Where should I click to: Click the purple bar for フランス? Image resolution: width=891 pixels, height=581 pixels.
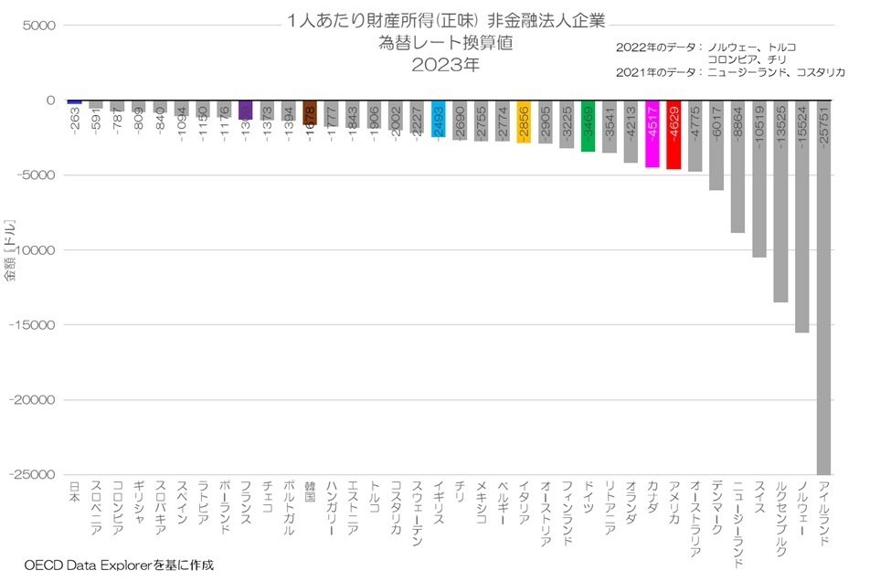pos(246,111)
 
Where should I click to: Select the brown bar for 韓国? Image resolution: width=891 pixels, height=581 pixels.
pos(310,112)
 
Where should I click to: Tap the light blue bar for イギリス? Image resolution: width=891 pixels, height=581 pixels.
pos(438,119)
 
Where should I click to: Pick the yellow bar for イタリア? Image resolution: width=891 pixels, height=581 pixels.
pos(524,121)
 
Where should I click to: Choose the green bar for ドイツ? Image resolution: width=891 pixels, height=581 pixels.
pos(588,126)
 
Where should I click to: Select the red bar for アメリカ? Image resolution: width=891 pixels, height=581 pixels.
pos(674,135)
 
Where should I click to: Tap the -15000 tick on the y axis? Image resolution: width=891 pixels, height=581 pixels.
pos(35,325)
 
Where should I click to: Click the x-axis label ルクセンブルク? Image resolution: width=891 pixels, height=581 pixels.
pos(780,512)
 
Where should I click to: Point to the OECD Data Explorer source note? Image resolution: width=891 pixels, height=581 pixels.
pos(119,565)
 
